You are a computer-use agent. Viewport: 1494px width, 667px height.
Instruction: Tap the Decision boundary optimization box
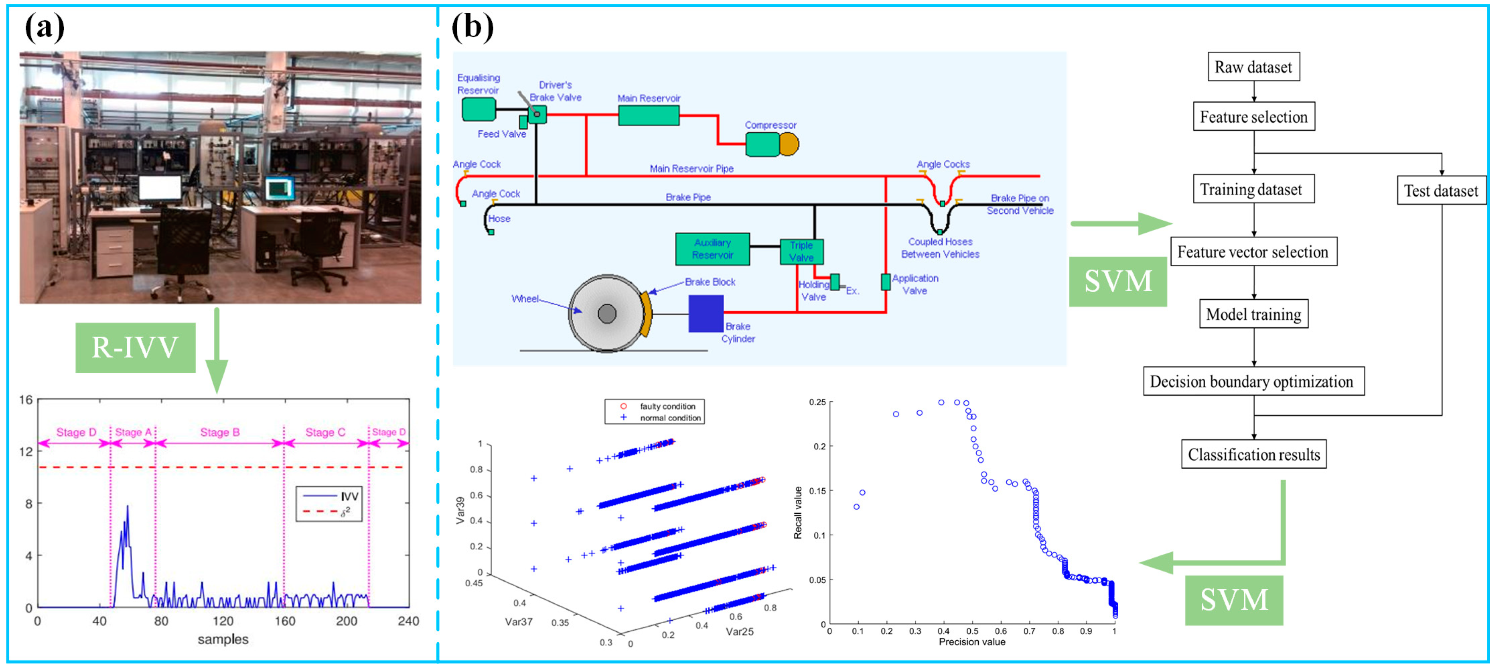[1253, 381]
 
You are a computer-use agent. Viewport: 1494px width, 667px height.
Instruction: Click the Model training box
[1253, 314]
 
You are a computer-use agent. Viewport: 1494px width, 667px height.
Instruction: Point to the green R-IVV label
[135, 347]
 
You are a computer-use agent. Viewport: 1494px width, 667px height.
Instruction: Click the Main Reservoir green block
[648, 115]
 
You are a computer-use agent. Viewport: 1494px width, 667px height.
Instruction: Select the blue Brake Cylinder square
[705, 313]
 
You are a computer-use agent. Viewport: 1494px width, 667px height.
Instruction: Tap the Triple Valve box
[801, 251]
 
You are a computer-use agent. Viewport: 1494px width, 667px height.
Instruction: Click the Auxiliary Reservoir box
[712, 249]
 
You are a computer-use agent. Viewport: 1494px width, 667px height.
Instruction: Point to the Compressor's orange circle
[788, 144]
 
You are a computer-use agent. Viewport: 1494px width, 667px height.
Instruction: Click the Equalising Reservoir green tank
[478, 109]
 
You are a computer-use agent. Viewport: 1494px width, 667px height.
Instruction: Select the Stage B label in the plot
[220, 433]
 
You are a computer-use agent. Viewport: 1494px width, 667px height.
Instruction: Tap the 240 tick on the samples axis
[408, 621]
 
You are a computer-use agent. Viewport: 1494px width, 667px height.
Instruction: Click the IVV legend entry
[349, 496]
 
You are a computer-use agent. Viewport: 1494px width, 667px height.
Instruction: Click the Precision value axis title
[972, 642]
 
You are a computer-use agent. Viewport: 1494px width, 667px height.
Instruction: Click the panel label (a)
[45, 27]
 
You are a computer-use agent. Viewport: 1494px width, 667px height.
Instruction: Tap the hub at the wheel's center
[607, 313]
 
